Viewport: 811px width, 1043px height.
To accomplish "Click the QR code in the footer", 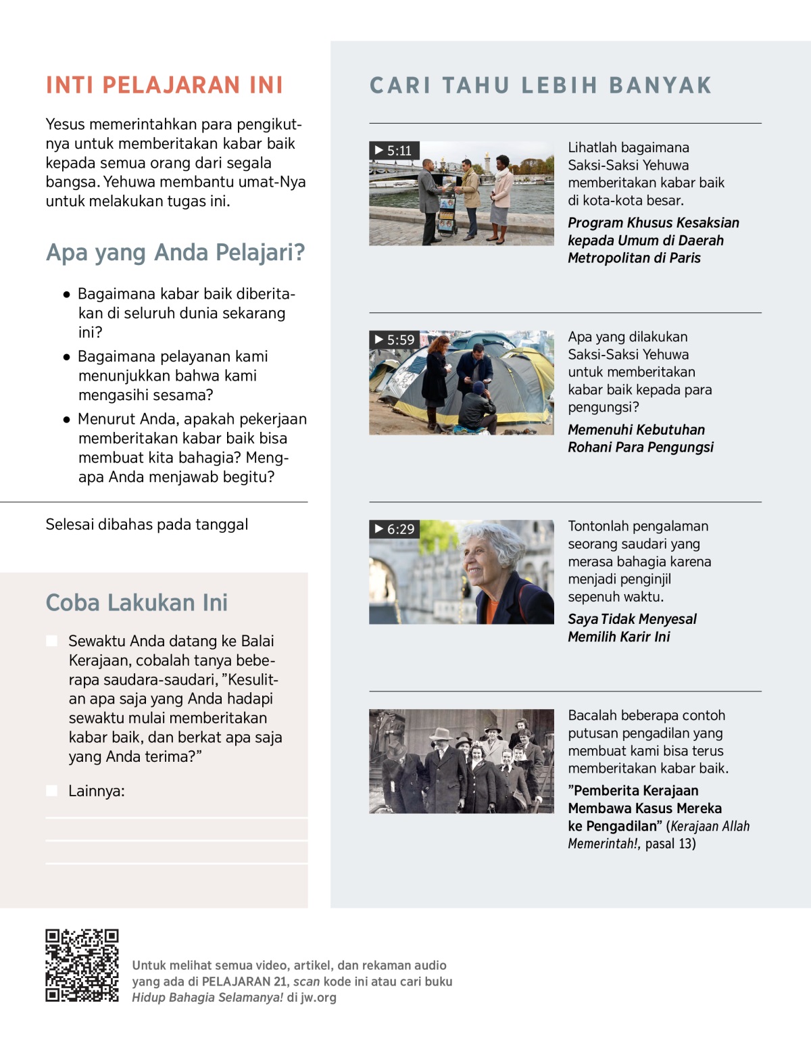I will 82,965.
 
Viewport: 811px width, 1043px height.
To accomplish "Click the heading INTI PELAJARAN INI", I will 164,85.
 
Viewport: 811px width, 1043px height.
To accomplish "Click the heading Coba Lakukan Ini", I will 137,602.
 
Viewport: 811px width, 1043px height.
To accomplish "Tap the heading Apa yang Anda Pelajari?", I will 176,252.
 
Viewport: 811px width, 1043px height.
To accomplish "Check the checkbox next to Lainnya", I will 51,791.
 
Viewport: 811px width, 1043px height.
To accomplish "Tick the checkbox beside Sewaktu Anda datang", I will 51,641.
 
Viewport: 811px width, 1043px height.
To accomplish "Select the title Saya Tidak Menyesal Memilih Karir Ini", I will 632,628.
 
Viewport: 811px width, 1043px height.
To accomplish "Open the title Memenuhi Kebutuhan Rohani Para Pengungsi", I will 640,439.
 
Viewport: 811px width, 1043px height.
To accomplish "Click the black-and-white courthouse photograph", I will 462,760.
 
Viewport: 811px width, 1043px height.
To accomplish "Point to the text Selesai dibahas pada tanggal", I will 147,525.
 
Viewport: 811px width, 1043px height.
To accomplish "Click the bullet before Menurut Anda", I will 66,420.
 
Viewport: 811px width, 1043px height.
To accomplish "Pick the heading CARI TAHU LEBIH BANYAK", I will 541,85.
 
